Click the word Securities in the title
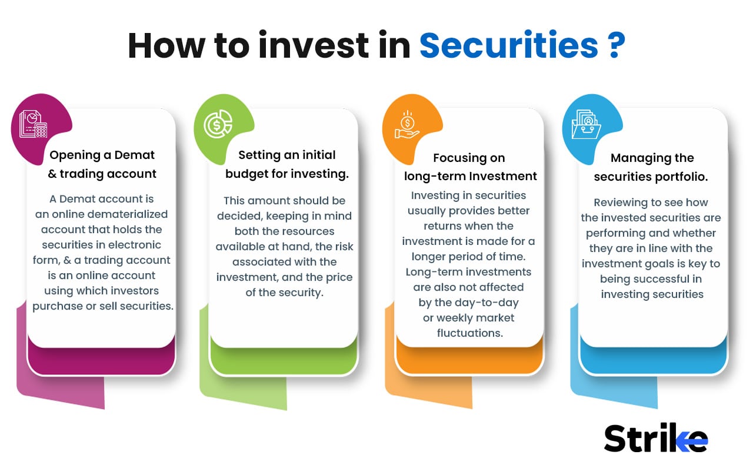pos(508,46)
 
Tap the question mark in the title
pos(614,46)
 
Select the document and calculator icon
pos(33,124)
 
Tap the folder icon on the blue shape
pos(586,124)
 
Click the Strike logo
pos(655,439)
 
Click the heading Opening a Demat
pos(102,155)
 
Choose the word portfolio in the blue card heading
pos(682,177)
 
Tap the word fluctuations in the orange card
pos(469,333)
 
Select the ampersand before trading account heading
pos(51,174)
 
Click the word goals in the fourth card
pos(665,263)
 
